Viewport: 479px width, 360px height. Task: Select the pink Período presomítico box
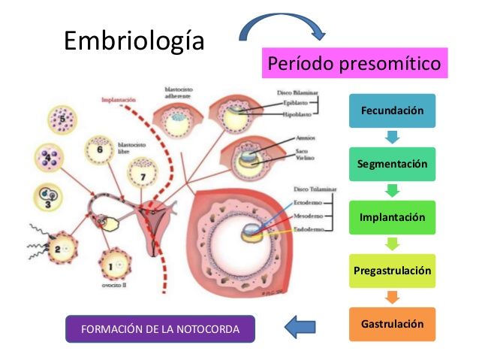click(354, 64)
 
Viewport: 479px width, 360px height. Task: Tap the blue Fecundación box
click(392, 110)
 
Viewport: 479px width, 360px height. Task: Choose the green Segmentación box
click(392, 164)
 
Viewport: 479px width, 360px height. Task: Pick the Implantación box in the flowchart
click(392, 217)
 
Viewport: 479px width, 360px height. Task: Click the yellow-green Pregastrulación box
click(392, 271)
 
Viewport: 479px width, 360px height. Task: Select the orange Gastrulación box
click(392, 324)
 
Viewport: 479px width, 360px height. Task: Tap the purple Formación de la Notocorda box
click(160, 328)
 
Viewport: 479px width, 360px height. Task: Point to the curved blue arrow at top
click(281, 25)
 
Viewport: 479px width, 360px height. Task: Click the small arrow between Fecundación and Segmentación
click(392, 138)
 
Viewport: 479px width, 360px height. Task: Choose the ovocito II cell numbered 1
click(116, 264)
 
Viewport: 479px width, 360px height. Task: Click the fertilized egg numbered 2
click(59, 249)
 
